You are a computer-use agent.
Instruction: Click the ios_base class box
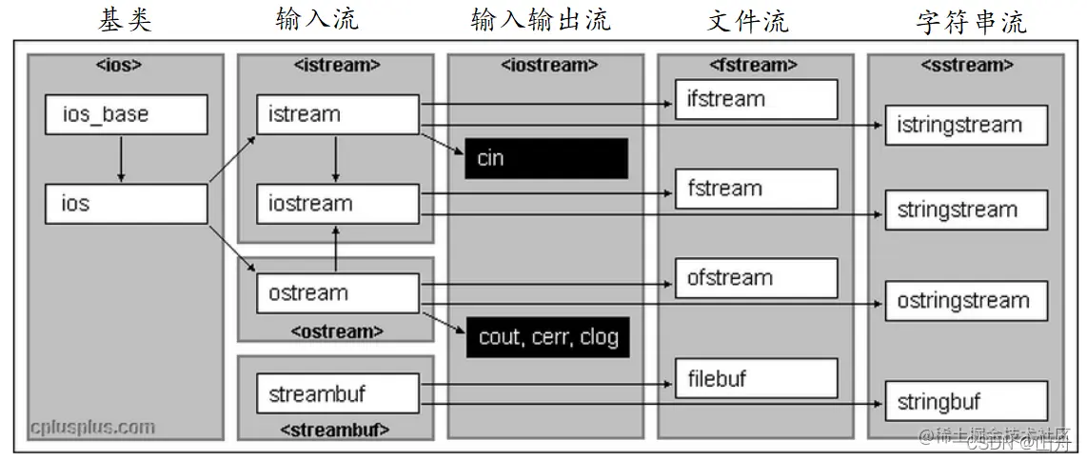click(126, 115)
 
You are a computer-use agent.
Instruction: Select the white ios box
click(126, 204)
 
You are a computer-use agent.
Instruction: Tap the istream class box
click(337, 114)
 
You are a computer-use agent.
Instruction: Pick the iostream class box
click(337, 204)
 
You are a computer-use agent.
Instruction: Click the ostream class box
click(337, 293)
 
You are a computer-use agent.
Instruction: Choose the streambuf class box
click(337, 393)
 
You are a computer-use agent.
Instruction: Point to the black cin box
click(546, 158)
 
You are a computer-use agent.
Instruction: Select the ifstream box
click(757, 99)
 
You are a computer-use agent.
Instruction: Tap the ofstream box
click(757, 278)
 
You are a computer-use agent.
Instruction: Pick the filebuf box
click(757, 378)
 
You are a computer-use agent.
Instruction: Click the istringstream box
click(966, 125)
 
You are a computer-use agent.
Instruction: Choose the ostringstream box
click(966, 301)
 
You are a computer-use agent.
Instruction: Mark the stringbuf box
click(966, 401)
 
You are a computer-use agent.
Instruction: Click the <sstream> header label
click(967, 66)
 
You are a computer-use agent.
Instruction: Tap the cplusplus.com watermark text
click(91, 427)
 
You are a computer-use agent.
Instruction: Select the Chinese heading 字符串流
click(971, 21)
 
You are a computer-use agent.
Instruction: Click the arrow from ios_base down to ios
click(121, 159)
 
